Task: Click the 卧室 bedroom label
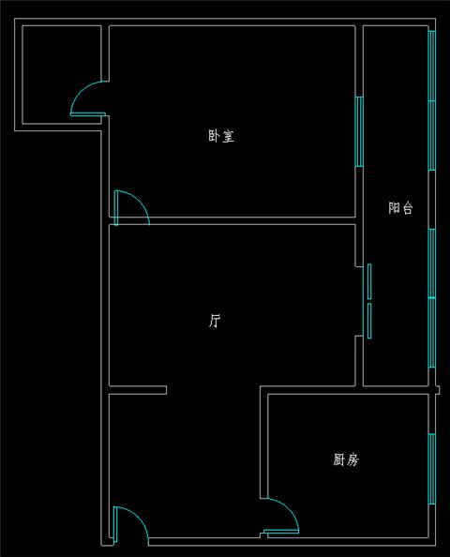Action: click(x=221, y=136)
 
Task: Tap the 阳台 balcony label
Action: click(x=400, y=208)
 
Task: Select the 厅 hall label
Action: click(x=215, y=321)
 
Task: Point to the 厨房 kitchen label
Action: click(x=346, y=459)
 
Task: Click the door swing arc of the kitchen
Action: click(x=290, y=507)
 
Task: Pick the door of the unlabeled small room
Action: click(x=88, y=98)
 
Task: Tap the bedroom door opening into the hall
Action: click(x=131, y=207)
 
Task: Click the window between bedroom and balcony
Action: click(x=359, y=131)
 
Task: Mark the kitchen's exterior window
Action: click(x=432, y=469)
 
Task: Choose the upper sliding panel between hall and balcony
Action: click(x=369, y=281)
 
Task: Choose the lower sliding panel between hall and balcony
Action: click(x=369, y=321)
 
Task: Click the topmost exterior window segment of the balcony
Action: click(x=432, y=66)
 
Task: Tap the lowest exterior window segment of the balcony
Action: click(x=432, y=333)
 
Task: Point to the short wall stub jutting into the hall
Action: click(x=138, y=390)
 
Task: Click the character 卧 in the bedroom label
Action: click(x=214, y=136)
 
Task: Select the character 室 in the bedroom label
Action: click(x=228, y=136)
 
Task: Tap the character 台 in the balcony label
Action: click(x=408, y=208)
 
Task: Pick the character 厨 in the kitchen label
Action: click(x=339, y=459)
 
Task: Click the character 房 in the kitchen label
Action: click(x=352, y=459)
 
